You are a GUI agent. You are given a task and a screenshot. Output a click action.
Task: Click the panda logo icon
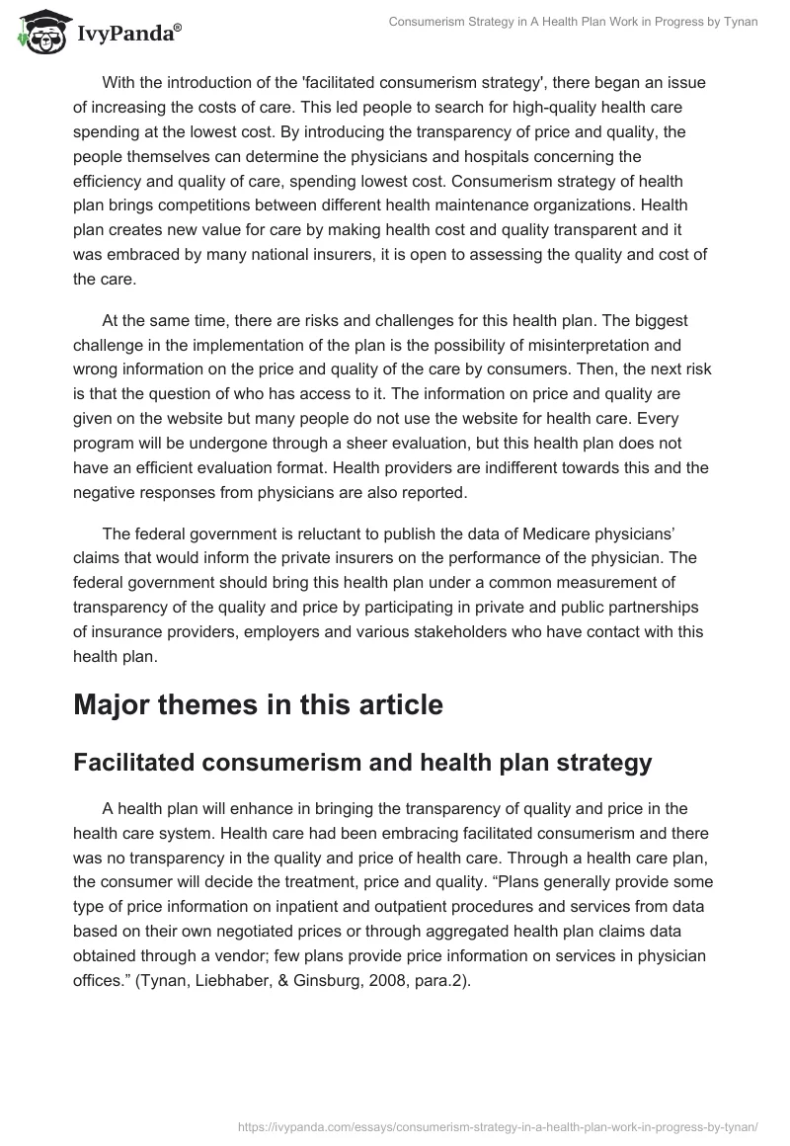(39, 32)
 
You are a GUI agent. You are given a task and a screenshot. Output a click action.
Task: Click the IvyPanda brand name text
(125, 34)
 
